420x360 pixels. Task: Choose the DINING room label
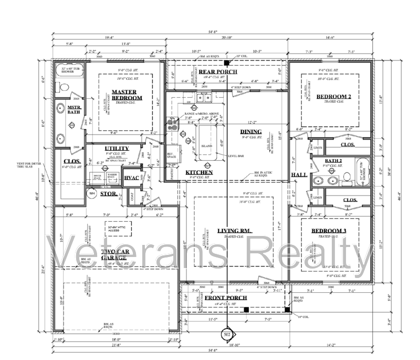[251, 131]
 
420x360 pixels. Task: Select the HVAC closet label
[132, 178]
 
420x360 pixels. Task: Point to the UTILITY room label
[117, 149]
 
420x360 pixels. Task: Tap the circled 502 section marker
[227, 334]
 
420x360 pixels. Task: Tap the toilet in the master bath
[64, 87]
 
